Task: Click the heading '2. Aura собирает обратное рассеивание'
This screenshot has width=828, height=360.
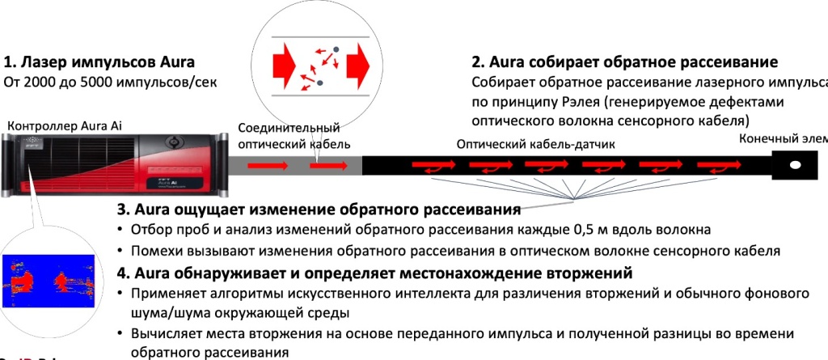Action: coord(624,62)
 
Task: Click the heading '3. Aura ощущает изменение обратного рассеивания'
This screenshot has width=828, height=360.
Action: coord(319,210)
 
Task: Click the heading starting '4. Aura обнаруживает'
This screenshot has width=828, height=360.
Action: coord(374,272)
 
